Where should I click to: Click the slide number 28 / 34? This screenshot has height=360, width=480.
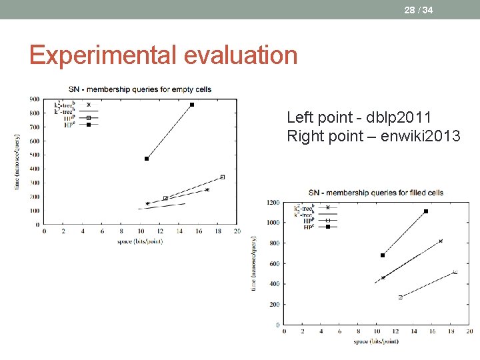418,10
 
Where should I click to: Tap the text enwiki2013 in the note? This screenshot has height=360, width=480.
427,137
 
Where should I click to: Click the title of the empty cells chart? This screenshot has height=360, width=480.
140,90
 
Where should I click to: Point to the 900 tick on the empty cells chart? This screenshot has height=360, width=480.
34,99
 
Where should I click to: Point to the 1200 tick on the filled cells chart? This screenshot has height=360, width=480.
273,202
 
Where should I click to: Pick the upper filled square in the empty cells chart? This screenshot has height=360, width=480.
192,105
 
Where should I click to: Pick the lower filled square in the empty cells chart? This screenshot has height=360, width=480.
147,159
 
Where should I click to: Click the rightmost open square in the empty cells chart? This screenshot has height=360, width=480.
222,177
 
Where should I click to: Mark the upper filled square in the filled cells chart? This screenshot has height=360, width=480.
426,211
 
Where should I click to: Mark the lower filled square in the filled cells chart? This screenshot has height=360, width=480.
383,255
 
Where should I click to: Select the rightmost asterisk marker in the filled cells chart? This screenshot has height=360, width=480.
441,241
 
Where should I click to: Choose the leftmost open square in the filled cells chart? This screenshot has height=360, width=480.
401,297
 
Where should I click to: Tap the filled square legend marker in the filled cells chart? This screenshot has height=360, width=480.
327,227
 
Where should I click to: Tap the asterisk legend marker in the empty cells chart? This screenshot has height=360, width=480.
88,105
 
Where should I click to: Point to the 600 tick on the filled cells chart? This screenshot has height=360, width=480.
274,263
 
